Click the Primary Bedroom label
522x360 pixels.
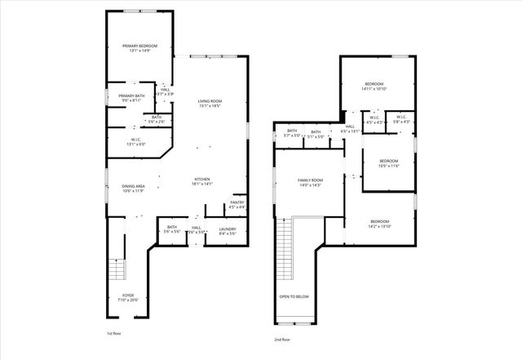tap(139, 48)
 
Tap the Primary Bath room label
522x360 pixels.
tap(131, 98)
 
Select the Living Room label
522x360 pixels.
tap(210, 103)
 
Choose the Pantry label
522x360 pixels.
tap(237, 204)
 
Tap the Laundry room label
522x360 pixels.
tap(227, 231)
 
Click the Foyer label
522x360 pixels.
tap(128, 297)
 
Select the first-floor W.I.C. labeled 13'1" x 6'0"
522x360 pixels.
tap(136, 142)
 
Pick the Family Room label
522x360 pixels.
tap(310, 182)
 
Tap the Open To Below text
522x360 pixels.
tap(294, 296)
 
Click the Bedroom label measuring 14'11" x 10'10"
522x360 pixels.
tap(374, 87)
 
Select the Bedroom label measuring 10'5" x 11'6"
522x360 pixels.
tap(388, 163)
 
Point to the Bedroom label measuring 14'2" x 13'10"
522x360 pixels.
tap(381, 224)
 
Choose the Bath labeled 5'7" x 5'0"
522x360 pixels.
tap(292, 133)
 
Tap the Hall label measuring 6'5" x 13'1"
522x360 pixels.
tap(349, 128)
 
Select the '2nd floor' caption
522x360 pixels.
tap(283, 339)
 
